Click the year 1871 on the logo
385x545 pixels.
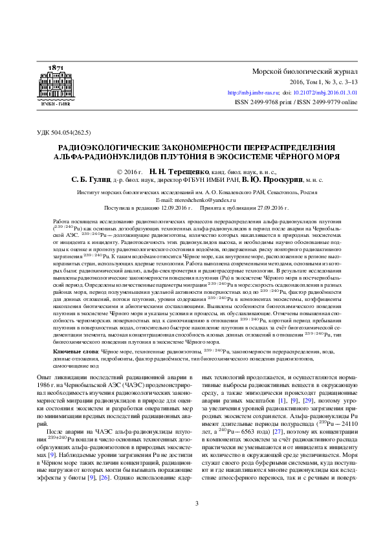click(x=56, y=68)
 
